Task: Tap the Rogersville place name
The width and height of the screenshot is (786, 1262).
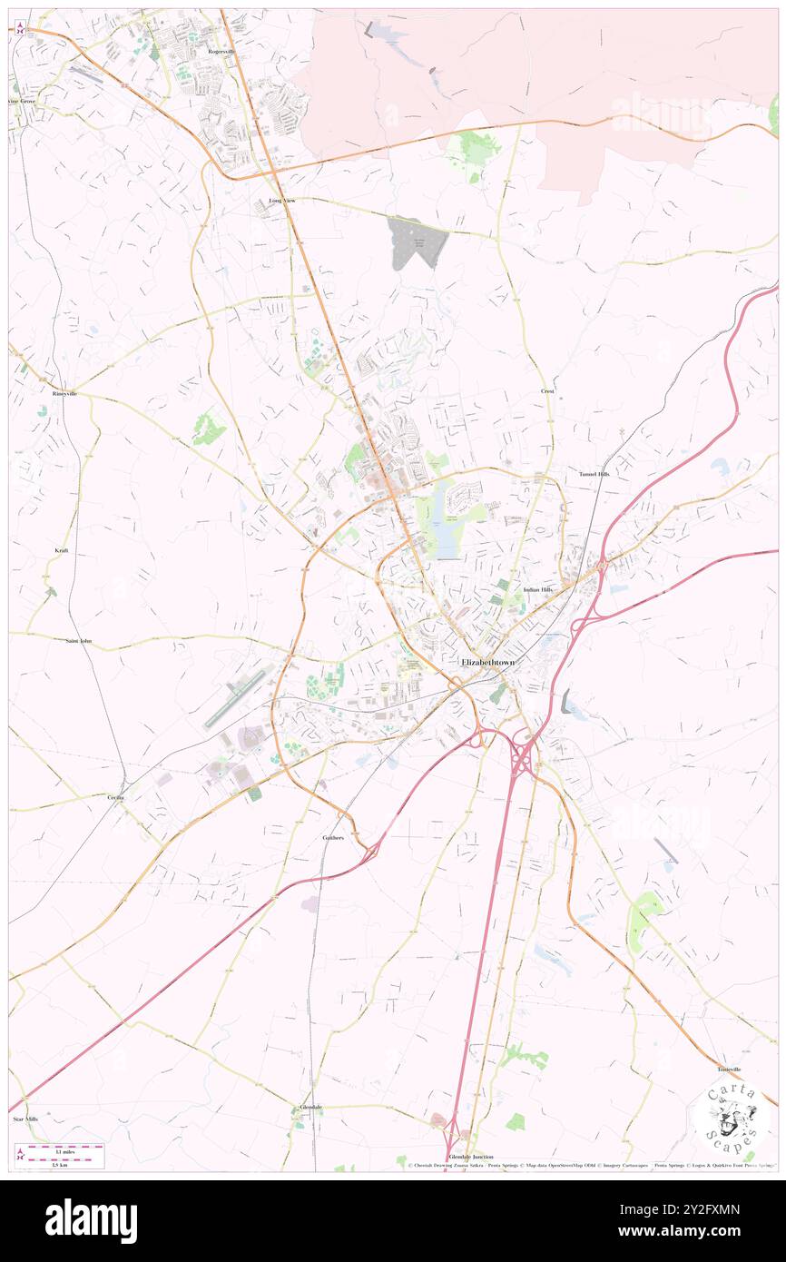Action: (221, 52)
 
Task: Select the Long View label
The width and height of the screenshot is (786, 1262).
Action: (281, 200)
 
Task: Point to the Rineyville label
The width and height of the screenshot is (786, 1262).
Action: (65, 394)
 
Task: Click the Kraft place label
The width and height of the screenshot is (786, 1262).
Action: (62, 551)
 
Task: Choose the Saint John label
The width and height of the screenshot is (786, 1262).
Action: (79, 641)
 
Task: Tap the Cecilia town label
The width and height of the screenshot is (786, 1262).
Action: (115, 797)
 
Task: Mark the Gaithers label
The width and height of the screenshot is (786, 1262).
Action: (333, 837)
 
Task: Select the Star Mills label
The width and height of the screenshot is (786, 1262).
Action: (26, 1119)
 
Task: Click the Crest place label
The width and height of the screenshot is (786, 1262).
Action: (547, 391)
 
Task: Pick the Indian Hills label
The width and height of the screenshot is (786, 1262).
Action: (537, 590)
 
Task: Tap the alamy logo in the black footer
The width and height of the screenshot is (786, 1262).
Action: (92, 1220)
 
